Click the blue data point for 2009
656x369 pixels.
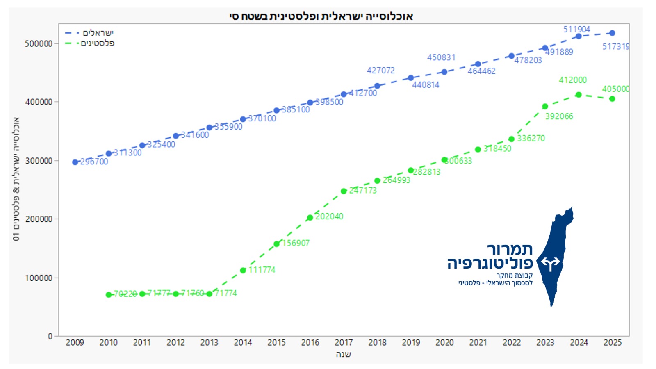coord(75,162)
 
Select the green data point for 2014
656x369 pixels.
coord(243,271)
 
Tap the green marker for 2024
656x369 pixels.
coord(579,95)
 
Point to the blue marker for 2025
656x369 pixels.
coord(612,33)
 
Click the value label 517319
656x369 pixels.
coord(615,47)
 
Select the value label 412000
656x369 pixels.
coord(573,80)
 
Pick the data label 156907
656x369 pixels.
coord(296,243)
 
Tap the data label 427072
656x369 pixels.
coord(380,71)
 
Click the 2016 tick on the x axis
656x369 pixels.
coord(310,343)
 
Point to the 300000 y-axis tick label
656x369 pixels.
coord(39,161)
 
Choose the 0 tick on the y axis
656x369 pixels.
coord(50,336)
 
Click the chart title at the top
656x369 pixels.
coord(321,16)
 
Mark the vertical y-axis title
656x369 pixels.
coord(16,179)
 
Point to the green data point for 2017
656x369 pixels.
coord(344,191)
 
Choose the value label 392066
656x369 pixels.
coord(559,116)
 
